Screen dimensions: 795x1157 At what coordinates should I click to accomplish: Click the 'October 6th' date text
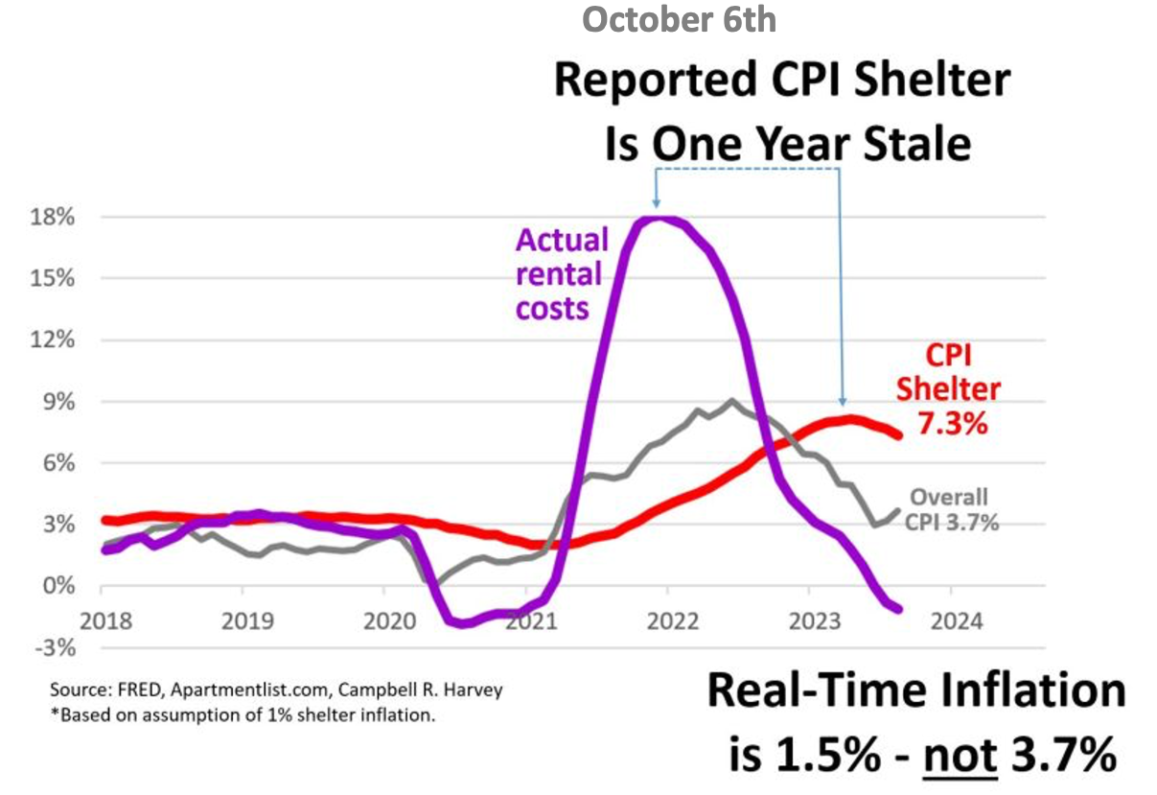(679, 19)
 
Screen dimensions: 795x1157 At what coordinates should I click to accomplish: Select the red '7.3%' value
(953, 422)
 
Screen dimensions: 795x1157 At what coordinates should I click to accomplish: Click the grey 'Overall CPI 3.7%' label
(948, 510)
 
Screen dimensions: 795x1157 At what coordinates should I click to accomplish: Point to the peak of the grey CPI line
(731, 401)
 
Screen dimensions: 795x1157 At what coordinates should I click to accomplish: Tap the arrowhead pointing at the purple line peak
(656, 203)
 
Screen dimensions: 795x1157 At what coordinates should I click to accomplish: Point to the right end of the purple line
(898, 608)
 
